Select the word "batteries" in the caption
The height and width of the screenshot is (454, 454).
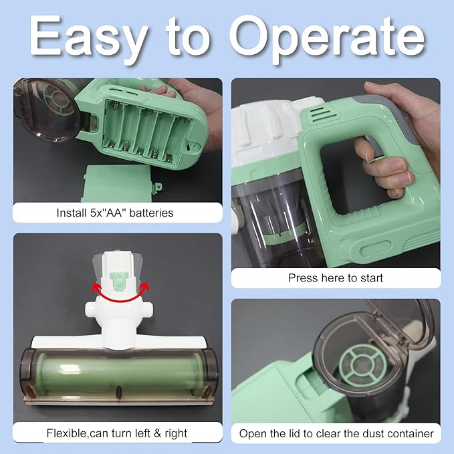point(151,213)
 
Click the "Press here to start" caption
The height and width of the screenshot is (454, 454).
point(336,278)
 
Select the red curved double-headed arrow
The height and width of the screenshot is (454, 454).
point(120,300)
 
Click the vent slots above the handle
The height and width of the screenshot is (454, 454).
point(322,113)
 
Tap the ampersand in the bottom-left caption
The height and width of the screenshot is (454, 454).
point(157,433)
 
